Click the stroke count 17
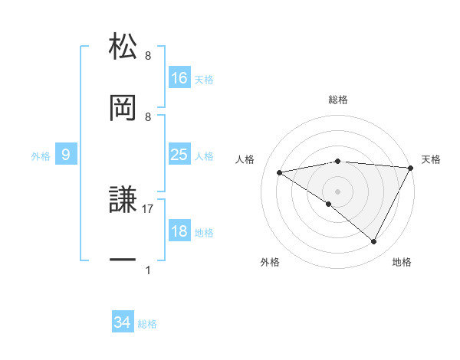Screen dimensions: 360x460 [148, 208]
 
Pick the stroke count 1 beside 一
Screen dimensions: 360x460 [148, 270]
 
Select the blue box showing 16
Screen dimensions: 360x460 [179, 78]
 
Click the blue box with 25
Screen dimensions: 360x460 [179, 155]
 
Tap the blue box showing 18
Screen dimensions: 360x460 [179, 231]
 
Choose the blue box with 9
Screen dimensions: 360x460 [66, 155]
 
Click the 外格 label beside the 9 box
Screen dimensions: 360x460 [41, 155]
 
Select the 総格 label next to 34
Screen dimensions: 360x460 [147, 324]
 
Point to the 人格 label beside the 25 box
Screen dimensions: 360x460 [204, 155]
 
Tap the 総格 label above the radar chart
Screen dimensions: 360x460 [338, 100]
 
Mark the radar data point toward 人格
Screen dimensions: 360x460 [280, 172]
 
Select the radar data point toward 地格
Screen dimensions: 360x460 [374, 241]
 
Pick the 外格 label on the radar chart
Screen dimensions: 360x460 [270, 262]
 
